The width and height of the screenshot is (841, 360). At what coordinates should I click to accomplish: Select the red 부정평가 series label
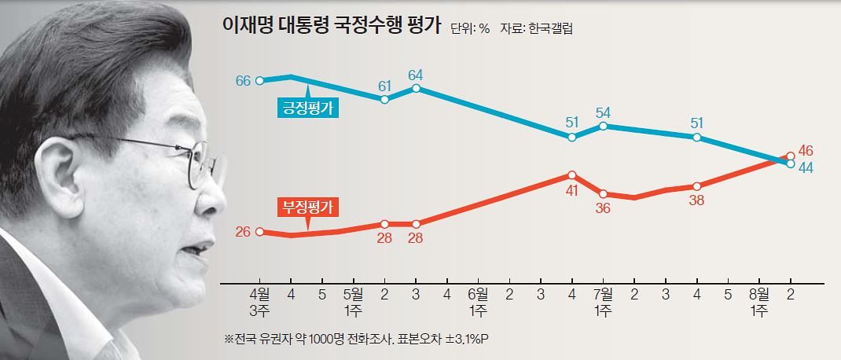308,208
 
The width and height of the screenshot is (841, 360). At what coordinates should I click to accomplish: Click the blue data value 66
243,81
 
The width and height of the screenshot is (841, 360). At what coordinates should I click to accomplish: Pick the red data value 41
571,189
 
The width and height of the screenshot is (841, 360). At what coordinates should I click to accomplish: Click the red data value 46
806,149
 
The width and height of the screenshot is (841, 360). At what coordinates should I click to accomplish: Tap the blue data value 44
806,167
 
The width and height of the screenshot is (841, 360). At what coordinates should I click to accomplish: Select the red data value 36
603,208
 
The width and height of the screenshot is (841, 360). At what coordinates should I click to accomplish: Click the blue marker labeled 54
603,126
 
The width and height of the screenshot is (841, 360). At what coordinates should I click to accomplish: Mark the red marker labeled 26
259,232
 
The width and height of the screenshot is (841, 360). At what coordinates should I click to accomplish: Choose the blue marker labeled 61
384,100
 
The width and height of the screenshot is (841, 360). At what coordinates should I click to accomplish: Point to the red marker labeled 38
696,186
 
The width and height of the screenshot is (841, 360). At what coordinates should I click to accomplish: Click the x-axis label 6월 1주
478,302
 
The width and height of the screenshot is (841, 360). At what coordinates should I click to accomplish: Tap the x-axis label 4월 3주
259,302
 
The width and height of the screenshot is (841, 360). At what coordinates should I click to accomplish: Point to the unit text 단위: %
470,29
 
